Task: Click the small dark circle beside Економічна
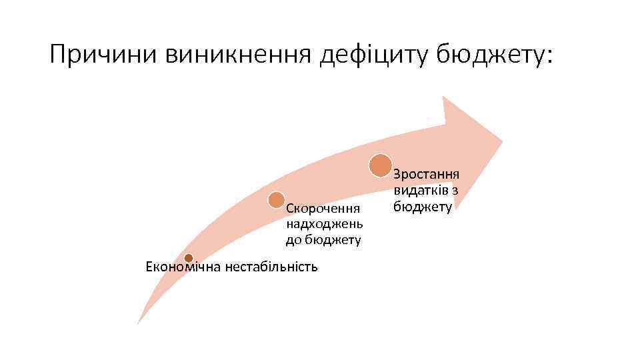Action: coord(189,258)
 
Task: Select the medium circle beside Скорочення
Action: coord(276,199)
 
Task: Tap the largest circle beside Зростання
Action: coord(381,165)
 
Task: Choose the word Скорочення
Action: coord(323,210)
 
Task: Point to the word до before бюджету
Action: coord(294,239)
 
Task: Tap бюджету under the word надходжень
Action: coord(333,239)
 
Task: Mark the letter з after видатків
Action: coord(454,191)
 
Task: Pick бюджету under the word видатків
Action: coord(423,207)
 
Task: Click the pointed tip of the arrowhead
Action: coord(502,142)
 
